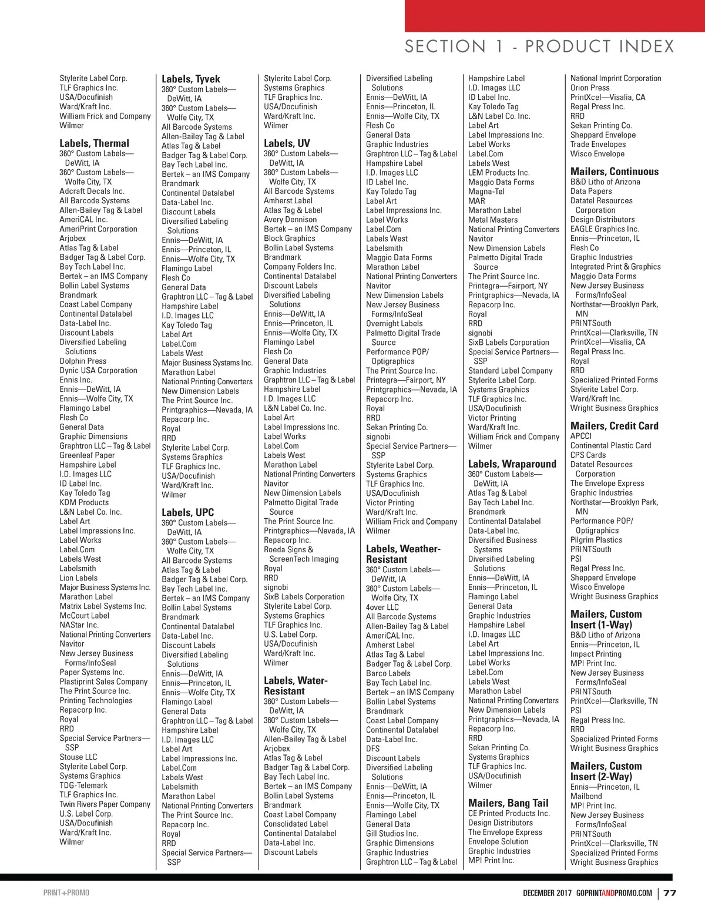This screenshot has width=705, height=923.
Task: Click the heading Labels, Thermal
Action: tap(94, 143)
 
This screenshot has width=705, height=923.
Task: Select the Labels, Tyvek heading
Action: tap(191, 79)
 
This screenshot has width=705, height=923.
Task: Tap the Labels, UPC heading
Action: tap(188, 512)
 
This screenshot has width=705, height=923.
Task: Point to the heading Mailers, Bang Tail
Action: tap(508, 803)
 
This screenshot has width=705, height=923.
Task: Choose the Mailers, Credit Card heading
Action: tap(615, 426)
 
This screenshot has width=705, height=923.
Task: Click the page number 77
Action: tap(670, 893)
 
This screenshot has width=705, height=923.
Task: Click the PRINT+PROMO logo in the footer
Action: tap(66, 893)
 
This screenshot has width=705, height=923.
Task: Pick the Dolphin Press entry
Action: tap(83, 361)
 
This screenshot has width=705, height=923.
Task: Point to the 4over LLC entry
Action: tap(382, 607)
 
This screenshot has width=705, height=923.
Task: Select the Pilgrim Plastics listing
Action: tap(596, 540)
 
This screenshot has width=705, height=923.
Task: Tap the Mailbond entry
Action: tap(586, 797)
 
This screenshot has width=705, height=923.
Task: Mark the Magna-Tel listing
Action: tap(486, 192)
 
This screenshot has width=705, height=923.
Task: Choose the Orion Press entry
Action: tap(590, 88)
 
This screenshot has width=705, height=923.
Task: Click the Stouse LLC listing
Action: tap(78, 757)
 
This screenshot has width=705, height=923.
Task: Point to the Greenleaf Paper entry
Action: tap(87, 455)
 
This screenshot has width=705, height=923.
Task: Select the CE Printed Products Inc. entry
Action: tap(509, 814)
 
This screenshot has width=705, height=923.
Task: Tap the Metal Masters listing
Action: tap(493, 220)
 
